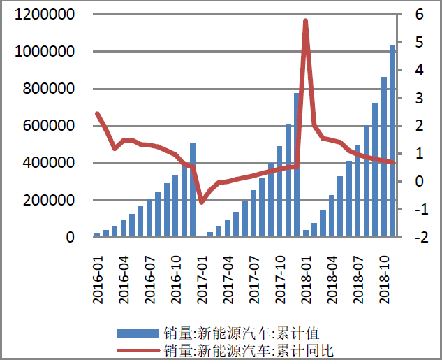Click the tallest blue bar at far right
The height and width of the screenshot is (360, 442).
click(392, 140)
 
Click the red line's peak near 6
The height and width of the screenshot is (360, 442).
click(305, 21)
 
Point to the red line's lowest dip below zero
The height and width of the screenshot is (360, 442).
click(201, 202)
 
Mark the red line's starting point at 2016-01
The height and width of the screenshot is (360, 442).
click(98, 113)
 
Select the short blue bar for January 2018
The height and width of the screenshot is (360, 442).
click(305, 233)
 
